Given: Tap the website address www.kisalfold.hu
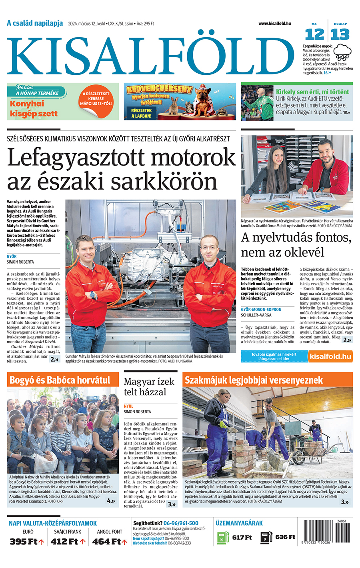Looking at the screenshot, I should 274,24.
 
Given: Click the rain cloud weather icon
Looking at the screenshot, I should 343,52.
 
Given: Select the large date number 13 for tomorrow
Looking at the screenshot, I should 340,34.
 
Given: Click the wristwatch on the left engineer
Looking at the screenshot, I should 93,295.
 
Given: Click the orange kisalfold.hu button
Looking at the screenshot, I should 330,356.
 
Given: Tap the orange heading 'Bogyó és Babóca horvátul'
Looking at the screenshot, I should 60,380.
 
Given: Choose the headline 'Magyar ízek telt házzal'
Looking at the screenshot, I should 149,387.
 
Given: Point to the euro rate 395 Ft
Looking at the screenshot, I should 24,542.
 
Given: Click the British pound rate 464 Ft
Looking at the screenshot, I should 106,542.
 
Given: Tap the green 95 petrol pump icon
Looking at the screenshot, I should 221,538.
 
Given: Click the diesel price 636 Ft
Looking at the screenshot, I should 285,537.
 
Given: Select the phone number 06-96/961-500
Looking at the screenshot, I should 181,523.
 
